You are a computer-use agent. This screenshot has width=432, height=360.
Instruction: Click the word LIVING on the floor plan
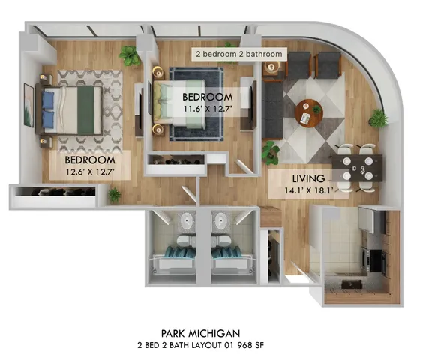[309, 178]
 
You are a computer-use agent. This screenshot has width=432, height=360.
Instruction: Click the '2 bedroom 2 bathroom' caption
[239, 55]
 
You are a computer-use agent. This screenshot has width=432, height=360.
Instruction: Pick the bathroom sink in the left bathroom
[185, 222]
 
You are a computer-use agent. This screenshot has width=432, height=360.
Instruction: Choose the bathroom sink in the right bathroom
[221, 222]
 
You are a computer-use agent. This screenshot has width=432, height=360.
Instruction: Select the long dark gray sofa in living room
[272, 110]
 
